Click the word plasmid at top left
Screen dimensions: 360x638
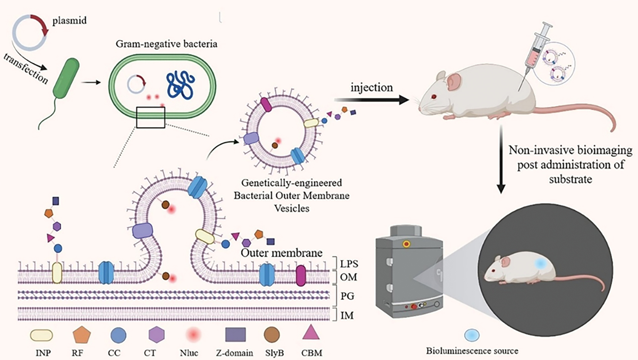69,21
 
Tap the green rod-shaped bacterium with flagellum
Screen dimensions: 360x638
66,78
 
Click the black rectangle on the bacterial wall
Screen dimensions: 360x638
151,117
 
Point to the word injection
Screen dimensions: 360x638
372,88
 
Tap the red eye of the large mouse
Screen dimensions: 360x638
434,97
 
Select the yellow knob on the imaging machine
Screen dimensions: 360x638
406,244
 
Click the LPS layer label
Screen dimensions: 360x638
349,264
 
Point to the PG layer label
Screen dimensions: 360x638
347,296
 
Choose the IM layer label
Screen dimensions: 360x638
347,316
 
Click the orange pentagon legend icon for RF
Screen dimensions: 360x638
82,335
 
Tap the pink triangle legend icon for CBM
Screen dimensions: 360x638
311,333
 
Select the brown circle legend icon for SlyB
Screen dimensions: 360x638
271,335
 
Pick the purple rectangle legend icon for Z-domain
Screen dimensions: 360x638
235,335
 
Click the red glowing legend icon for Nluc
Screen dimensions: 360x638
193,335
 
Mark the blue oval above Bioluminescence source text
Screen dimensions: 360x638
472,335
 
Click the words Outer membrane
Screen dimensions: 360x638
282,253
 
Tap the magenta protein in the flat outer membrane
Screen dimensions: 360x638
301,276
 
